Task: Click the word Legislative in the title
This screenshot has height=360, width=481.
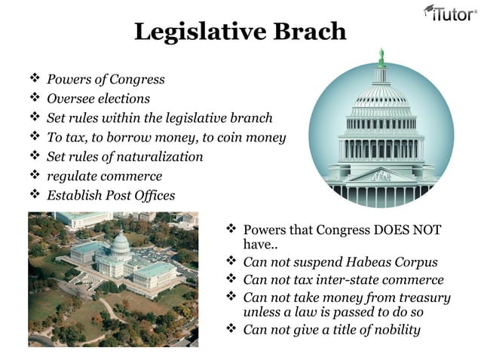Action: point(198,32)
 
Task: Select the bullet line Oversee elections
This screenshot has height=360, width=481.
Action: point(98,99)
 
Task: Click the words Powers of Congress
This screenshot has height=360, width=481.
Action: point(106,79)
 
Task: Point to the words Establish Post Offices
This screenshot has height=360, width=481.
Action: point(111,196)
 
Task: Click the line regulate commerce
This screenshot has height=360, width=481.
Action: point(104,176)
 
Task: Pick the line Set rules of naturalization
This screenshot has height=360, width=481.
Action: point(124,157)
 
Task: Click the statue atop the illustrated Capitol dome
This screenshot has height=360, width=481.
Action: point(381,56)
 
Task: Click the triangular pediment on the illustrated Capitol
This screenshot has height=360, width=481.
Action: point(381,174)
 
